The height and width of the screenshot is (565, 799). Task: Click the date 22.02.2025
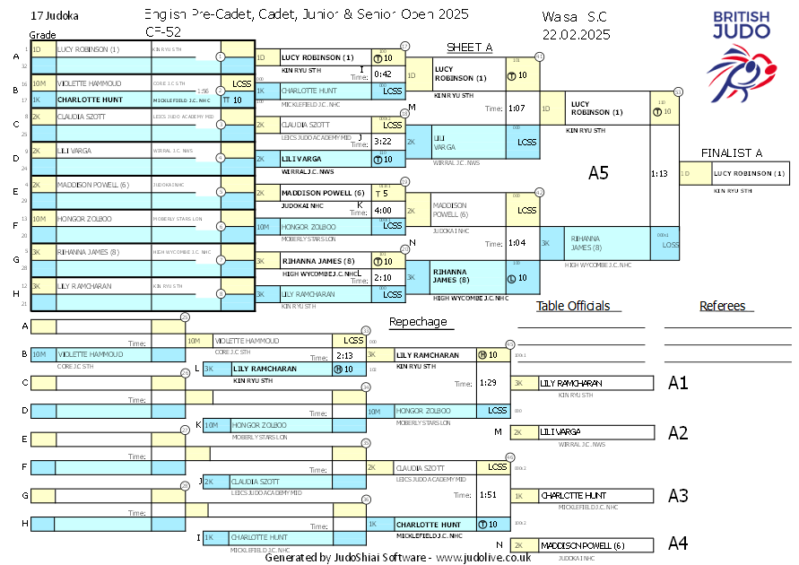[576, 34]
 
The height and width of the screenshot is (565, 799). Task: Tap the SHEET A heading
[470, 48]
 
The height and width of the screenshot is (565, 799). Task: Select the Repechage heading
[417, 322]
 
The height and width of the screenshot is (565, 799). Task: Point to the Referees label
[723, 306]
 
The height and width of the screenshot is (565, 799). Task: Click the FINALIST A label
[732, 152]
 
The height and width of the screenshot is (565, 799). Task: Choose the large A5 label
[598, 173]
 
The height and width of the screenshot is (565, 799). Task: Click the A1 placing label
[678, 383]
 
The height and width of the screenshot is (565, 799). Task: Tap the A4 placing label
[678, 543]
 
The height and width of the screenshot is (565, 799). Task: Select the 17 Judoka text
[54, 16]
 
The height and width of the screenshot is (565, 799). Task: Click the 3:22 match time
[383, 142]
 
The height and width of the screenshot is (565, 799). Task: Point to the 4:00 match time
[383, 210]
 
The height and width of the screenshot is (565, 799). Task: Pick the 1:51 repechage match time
[488, 494]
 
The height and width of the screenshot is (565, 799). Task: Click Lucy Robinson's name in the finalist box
[750, 173]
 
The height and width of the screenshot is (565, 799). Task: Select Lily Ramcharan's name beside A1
[571, 383]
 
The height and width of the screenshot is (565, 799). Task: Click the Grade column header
[42, 34]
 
